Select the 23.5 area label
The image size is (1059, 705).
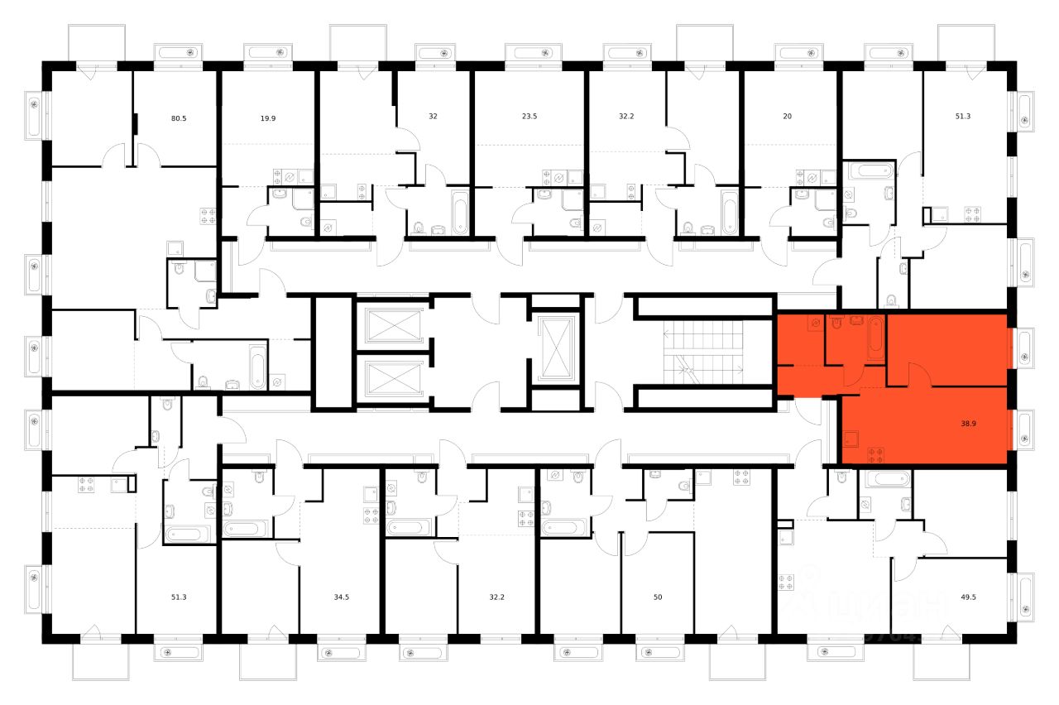(x=529, y=117)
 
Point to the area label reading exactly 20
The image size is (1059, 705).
(x=787, y=117)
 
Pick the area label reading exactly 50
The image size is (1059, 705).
(x=658, y=596)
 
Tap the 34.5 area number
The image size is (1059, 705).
(x=340, y=596)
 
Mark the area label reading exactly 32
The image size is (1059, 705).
(x=433, y=117)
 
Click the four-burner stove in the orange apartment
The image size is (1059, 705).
(x=876, y=453)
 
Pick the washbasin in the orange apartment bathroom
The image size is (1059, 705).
(x=855, y=321)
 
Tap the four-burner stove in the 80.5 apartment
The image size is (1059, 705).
(x=207, y=216)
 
